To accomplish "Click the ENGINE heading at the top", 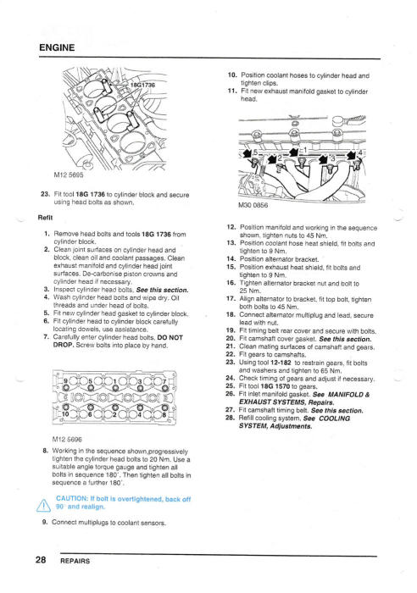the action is tap(57, 47).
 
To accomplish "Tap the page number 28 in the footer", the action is tap(41, 559).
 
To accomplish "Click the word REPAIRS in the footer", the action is tap(75, 561).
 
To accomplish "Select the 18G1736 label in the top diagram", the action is tap(142, 85).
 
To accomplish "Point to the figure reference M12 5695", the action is tap(69, 175).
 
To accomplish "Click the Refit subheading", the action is tap(46, 218).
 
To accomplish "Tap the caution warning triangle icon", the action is tap(43, 505).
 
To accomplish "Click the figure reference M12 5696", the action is tap(67, 440).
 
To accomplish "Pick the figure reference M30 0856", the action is tap(253, 205).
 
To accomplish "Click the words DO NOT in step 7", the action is tap(170, 337).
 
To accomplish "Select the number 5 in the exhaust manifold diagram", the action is tap(255, 152).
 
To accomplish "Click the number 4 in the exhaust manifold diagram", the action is tap(360, 152).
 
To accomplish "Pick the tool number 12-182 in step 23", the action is tap(281, 363).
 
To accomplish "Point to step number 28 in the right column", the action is tap(231, 418).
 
